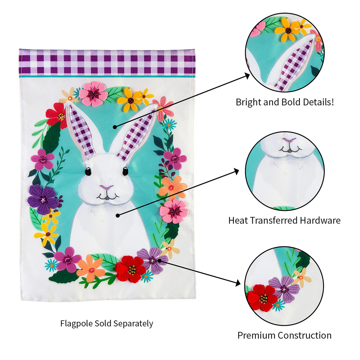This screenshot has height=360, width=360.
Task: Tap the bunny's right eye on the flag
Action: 125,171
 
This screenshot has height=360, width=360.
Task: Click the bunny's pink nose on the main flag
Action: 106,187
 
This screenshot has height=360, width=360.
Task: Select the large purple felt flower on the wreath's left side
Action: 43,199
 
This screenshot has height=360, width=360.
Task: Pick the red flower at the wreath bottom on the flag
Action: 130,269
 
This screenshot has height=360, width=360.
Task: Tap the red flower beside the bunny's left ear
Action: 57,115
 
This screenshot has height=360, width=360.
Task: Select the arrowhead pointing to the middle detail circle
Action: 236,171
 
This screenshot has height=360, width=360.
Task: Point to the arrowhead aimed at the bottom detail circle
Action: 238,283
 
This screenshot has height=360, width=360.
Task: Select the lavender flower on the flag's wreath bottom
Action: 152,260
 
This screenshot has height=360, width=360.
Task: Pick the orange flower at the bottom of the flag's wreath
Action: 91,268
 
